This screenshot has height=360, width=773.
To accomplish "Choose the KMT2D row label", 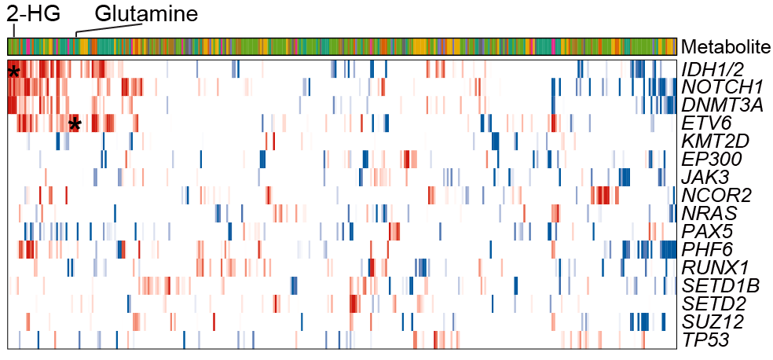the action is [716, 141].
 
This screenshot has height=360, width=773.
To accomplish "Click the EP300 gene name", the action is [712, 159].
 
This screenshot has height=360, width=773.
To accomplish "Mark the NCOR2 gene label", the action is [716, 194].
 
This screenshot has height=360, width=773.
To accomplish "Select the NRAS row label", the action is [709, 212].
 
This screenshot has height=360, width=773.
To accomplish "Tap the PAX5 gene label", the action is [708, 230].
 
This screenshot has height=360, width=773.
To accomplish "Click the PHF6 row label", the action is [708, 248].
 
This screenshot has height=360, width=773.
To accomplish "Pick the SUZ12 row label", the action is [713, 320].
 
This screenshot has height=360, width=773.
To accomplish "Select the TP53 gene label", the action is [705, 338].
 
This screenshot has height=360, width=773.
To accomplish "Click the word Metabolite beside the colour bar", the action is [726, 47].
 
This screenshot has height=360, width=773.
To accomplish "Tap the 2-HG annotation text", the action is [33, 13].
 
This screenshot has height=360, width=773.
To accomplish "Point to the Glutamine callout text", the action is [146, 13].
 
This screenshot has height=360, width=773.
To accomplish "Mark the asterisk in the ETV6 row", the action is [75, 125].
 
